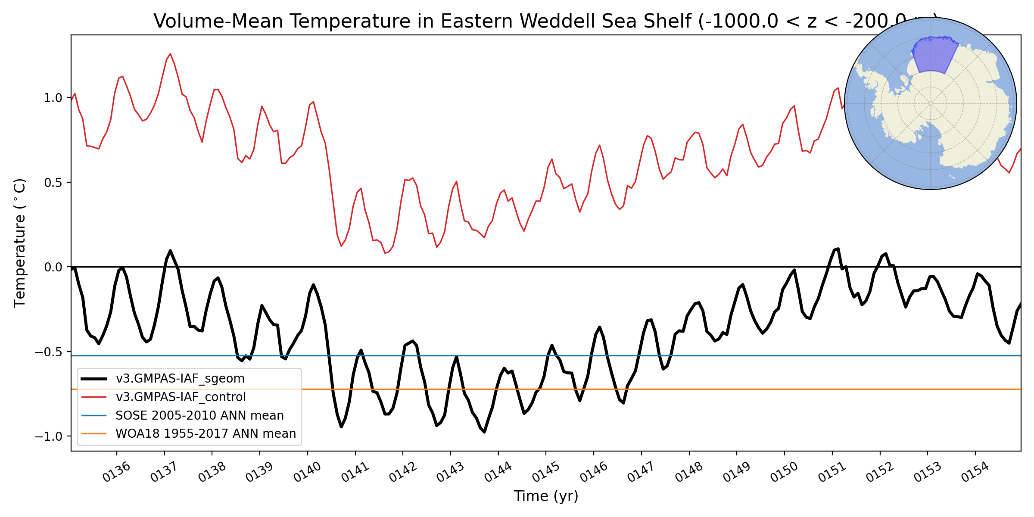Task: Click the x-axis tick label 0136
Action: pos(116,471)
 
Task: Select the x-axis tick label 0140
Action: pos(307,471)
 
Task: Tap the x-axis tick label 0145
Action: pos(545,471)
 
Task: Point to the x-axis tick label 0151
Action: pos(832,471)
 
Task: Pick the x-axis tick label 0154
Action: pos(975,471)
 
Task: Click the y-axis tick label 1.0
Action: pos(53,98)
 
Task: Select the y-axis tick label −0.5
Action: pos(49,352)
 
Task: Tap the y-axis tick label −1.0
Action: pos(49,436)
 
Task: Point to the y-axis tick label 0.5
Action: pos(53,183)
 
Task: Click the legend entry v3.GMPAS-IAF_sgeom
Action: pos(180,379)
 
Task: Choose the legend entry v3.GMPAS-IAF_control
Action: pos(181,397)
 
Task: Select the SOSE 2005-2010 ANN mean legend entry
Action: pos(199,415)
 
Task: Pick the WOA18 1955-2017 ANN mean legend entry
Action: pos(206,433)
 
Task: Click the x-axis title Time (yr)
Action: pos(546,496)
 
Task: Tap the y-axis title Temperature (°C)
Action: pos(20,243)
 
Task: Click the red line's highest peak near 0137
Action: pos(170,54)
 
